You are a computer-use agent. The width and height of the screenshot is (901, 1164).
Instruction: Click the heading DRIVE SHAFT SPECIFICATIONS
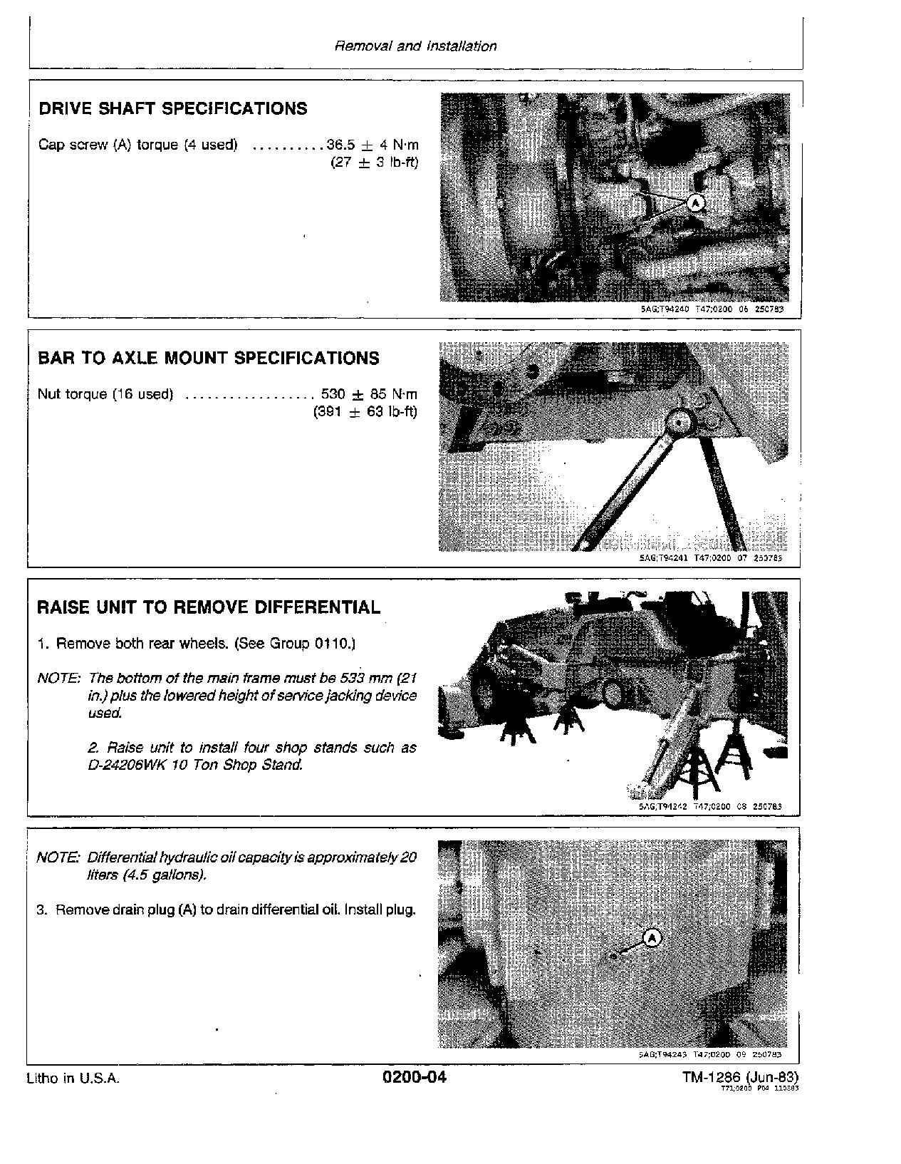coord(172,108)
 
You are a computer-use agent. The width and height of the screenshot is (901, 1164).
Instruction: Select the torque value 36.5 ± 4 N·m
coord(373,145)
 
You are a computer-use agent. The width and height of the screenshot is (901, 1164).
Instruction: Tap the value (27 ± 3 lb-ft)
coord(375,163)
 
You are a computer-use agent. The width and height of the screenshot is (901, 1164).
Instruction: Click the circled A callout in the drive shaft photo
coord(696,203)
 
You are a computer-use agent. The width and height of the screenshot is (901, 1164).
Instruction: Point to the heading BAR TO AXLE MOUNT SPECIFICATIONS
coord(208,358)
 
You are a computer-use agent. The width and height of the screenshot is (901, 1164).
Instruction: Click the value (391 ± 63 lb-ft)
coord(365,412)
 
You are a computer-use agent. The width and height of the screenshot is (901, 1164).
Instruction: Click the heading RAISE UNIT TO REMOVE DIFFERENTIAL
coord(208,607)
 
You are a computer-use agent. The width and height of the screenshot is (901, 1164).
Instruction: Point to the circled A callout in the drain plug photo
coord(652,938)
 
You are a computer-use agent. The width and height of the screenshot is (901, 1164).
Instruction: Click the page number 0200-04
coord(414,1077)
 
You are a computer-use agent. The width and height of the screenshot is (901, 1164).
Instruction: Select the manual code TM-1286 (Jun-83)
coord(739,1077)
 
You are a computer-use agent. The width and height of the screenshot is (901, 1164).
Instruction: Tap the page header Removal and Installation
coord(415,46)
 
